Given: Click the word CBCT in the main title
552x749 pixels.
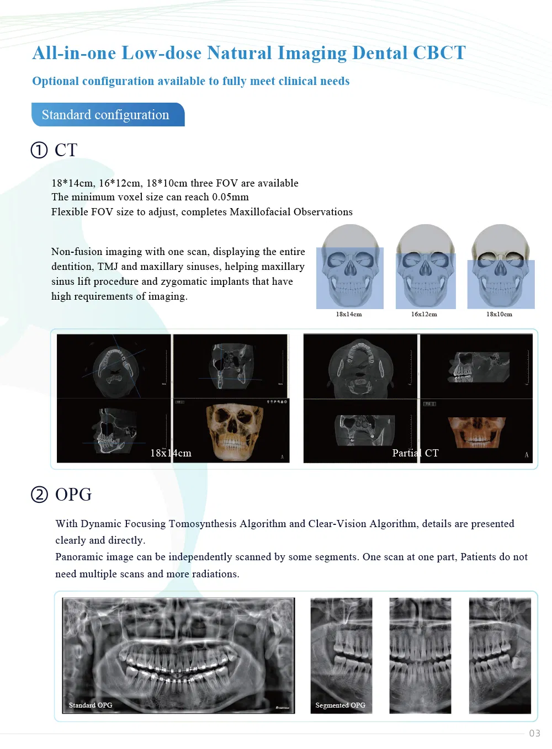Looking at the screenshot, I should tap(439, 53).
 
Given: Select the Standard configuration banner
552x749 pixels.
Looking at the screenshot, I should tap(108, 115).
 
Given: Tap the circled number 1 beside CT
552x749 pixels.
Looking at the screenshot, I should tap(39, 150).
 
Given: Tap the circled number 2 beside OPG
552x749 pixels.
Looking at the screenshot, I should tap(39, 495).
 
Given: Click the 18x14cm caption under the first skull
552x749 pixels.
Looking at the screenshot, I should tap(349, 315).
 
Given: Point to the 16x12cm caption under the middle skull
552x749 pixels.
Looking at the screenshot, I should tap(424, 315).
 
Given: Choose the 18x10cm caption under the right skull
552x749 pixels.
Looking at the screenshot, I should tap(499, 315).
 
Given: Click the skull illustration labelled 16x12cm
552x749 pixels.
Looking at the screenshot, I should tap(426, 267).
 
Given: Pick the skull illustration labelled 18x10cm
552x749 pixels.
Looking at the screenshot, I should tap(501, 267).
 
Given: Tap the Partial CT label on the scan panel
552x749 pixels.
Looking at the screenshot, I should tap(415, 453).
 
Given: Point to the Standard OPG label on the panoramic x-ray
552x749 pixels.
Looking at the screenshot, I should tap(91, 705).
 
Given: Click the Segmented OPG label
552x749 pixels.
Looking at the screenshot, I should tap(341, 705).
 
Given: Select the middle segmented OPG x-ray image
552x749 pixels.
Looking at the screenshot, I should tap(420, 656).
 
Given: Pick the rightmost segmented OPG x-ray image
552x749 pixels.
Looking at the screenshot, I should tap(500, 656).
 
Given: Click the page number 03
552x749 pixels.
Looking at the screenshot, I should tap(534, 733).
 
